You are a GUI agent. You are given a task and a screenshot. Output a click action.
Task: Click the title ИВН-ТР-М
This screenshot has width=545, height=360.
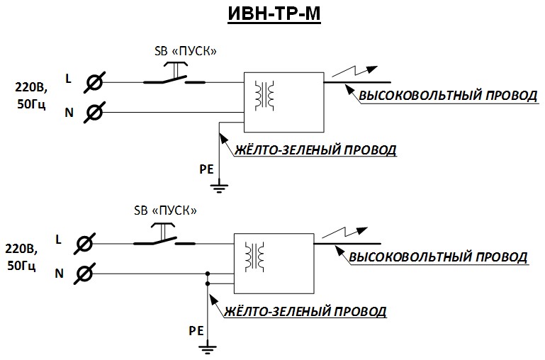pos(274,16)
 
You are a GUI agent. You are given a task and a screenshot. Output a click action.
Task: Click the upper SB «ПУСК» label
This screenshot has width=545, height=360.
pos(185,51)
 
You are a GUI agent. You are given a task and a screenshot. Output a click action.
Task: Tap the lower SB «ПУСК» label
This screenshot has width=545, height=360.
pos(164,210)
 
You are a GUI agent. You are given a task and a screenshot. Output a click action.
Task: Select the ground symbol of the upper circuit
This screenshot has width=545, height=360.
pos(220,188)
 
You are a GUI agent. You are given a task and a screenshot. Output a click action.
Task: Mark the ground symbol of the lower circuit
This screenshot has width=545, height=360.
pos(208,348)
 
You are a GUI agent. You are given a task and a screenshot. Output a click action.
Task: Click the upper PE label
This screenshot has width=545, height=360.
pos(206,169)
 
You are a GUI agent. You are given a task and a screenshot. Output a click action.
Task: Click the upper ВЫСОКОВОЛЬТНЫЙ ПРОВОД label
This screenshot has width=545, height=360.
pos(447,96)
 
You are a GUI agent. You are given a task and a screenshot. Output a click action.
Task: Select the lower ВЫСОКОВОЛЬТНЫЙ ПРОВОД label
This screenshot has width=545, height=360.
pos(439,257)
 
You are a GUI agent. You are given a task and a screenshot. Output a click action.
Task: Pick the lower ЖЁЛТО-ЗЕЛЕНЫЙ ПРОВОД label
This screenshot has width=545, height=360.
pos(304,312)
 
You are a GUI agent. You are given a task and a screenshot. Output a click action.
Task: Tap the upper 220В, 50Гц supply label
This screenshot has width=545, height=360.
pos(30,96)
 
